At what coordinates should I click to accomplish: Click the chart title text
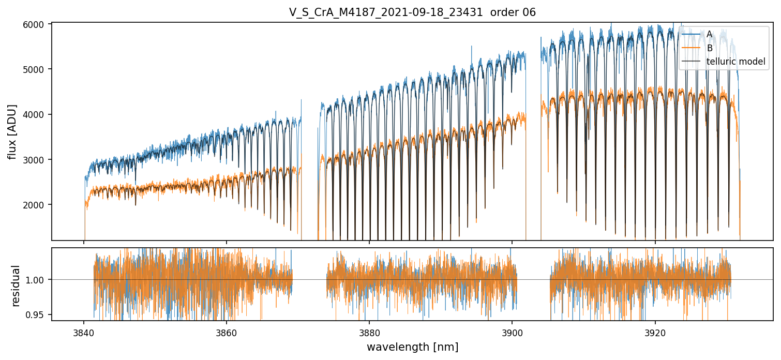pos(412,12)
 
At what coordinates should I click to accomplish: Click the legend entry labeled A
pos(709,34)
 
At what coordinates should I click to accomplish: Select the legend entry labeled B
pos(709,48)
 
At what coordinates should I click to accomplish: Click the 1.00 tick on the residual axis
pos(40,280)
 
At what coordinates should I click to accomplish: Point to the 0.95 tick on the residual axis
pos(40,314)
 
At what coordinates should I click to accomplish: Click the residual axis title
pos(16,285)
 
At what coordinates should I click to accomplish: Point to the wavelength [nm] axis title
pos(412,347)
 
